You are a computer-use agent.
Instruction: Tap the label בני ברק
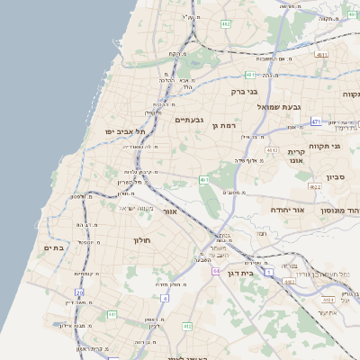[x=245, y=91]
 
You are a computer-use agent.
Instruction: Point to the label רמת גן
[x=224, y=126]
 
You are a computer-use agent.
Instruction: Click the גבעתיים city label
[x=189, y=120]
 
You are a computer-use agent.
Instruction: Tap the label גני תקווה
[x=323, y=145]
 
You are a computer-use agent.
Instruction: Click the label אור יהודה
[x=288, y=210]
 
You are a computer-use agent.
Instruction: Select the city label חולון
[x=144, y=240]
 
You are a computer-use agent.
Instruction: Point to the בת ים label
[x=54, y=247]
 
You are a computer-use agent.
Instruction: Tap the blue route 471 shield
[x=316, y=121]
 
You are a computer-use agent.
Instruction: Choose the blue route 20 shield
[x=79, y=292]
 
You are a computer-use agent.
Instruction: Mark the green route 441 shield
[x=112, y=314]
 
